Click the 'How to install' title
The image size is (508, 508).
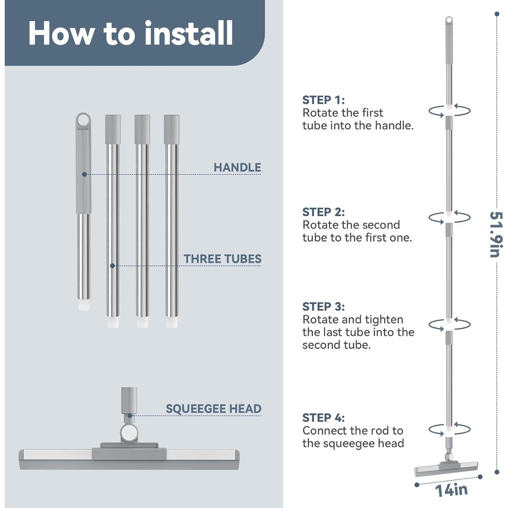pos(131,33)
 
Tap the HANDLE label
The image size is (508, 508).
pos(237,167)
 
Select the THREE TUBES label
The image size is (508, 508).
pos(223,259)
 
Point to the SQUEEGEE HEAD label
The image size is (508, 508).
pos(213,409)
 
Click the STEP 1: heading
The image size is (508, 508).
pos(323,100)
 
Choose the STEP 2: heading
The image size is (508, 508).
pos(323,212)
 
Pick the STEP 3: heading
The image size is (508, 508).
pos(323,306)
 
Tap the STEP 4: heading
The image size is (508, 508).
pos(323,418)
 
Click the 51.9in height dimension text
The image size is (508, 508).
pos(496,234)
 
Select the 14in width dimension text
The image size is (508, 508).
pos(451,490)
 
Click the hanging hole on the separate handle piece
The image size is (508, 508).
pos(83,120)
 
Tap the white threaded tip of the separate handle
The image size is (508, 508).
pos(84,304)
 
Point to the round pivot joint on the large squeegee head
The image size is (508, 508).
pos(129,432)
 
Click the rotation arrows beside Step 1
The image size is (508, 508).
pos(449,111)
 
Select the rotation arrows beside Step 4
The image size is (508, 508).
pos(449,429)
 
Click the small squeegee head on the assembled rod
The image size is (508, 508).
pos(446,468)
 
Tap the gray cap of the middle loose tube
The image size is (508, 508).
pos(142,129)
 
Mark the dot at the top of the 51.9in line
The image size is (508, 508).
pos(497,14)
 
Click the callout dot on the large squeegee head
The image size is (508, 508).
pos(130,416)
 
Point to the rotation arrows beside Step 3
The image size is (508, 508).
pos(449,324)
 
